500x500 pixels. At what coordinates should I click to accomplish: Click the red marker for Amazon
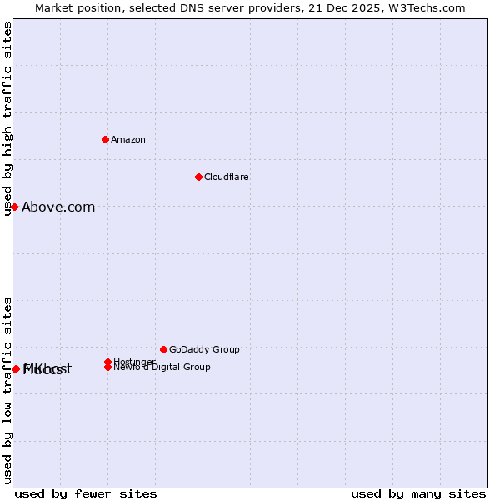point(105,139)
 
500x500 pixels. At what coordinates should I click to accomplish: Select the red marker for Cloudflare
point(198,177)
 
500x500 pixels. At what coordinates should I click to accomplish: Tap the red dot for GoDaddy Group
point(163,349)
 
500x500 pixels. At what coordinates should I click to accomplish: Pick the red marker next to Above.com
point(14,207)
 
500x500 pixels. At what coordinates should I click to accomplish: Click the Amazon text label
point(128,139)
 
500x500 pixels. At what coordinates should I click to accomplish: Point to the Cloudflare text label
point(226,177)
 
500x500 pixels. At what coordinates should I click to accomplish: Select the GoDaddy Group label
point(204,349)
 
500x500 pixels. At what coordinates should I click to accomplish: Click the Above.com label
point(58,207)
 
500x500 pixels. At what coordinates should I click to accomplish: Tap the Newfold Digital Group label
point(162,367)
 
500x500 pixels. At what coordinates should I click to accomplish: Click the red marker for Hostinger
point(108,362)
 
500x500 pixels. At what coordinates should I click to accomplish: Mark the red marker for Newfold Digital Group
point(108,367)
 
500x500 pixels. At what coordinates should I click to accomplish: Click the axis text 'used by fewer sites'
point(86,493)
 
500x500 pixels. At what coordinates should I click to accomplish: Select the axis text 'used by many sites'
point(418,493)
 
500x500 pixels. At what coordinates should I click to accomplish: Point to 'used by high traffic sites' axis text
point(7,118)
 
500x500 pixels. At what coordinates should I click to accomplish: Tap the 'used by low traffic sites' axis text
point(7,390)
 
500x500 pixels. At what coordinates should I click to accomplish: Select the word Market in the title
point(54,7)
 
